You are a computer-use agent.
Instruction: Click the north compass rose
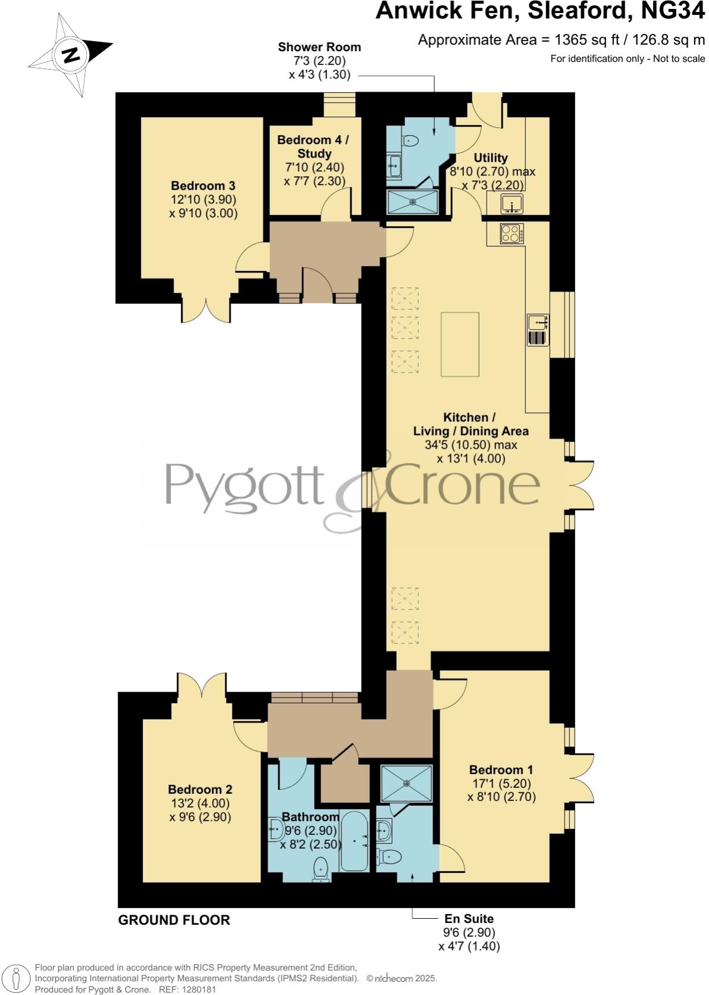pos(71,55)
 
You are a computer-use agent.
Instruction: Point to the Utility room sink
pos(512,204)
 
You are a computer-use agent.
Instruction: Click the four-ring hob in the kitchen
pos(512,233)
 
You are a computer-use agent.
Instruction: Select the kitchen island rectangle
pos(460,344)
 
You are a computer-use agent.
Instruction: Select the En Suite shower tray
pos(406,782)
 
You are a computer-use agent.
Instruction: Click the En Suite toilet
pos(390,856)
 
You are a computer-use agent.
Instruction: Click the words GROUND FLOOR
pos(174,920)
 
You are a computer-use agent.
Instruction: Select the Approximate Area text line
pos(561,40)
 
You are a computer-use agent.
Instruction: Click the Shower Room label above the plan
pos(319,47)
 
